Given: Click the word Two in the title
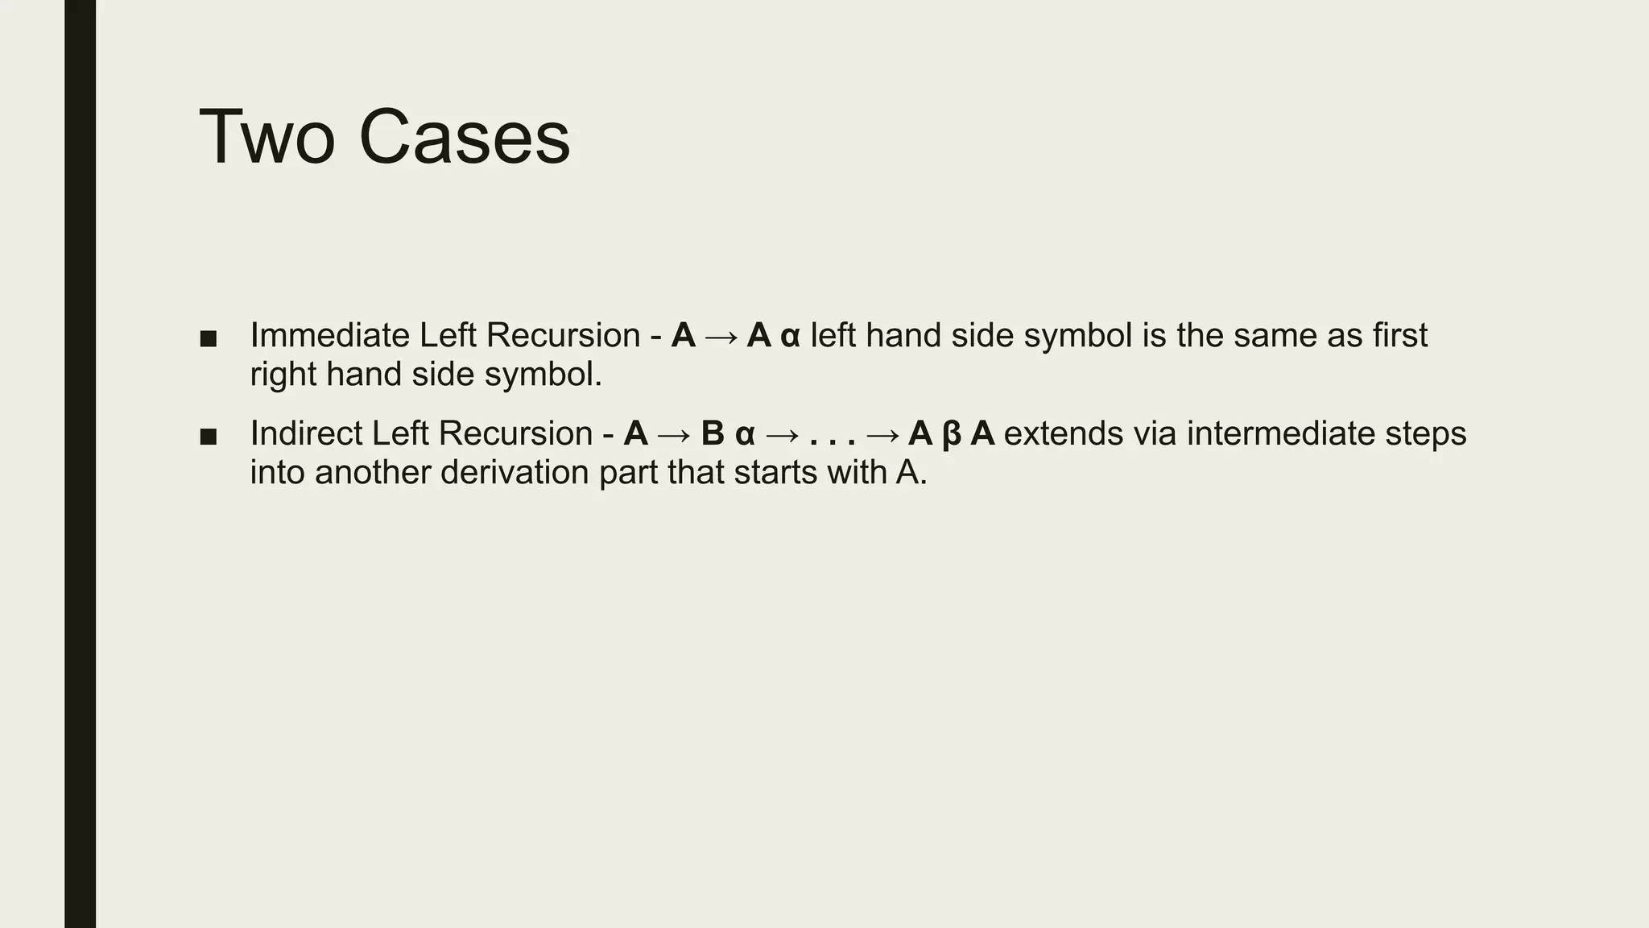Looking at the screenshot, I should point(267,138).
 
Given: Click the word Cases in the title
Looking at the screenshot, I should point(464,138).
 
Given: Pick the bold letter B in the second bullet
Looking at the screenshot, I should point(713,433).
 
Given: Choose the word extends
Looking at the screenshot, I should point(1063,433).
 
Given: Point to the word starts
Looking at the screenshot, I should point(777,472).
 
